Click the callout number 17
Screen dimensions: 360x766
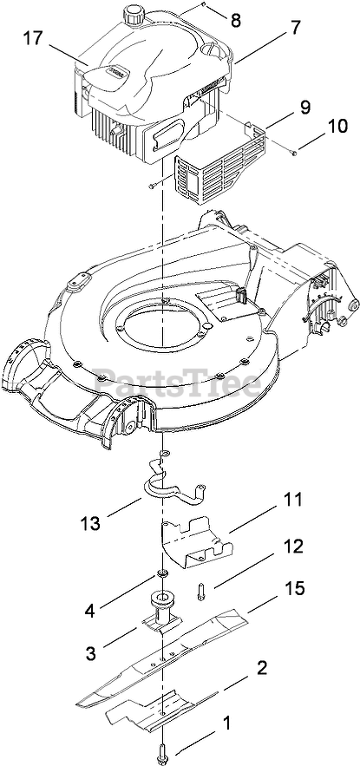(33, 38)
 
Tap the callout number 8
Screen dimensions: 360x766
(236, 20)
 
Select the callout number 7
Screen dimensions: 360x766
(297, 28)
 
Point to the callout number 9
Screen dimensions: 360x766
(305, 107)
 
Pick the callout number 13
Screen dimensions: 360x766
(91, 523)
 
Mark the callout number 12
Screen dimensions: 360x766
(291, 546)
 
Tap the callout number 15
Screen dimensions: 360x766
(293, 588)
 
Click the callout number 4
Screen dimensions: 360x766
(89, 611)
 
